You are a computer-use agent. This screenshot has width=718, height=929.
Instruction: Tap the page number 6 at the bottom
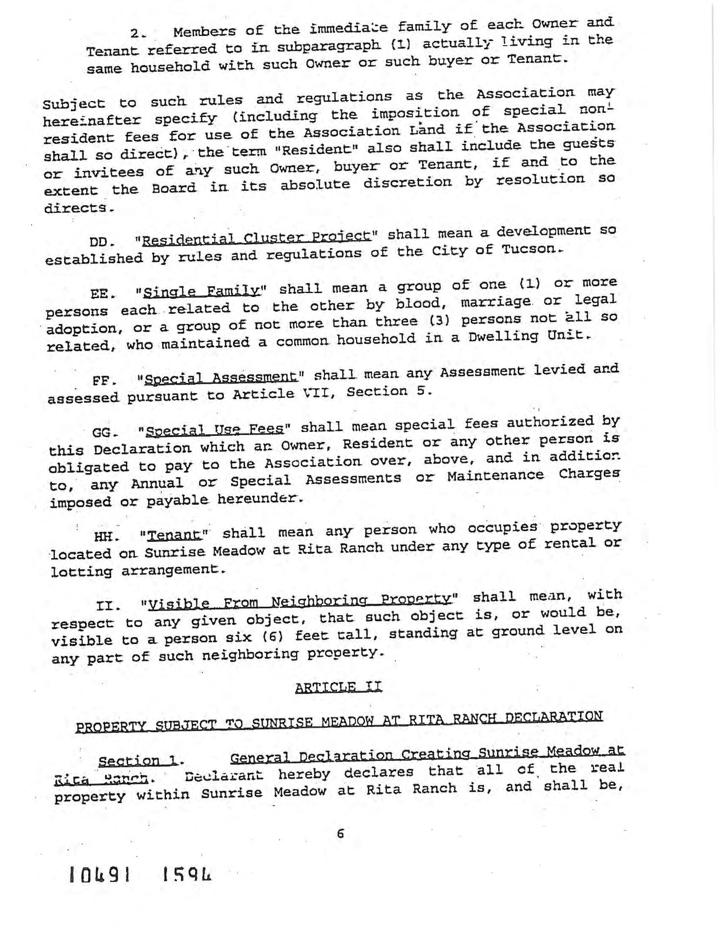340,834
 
